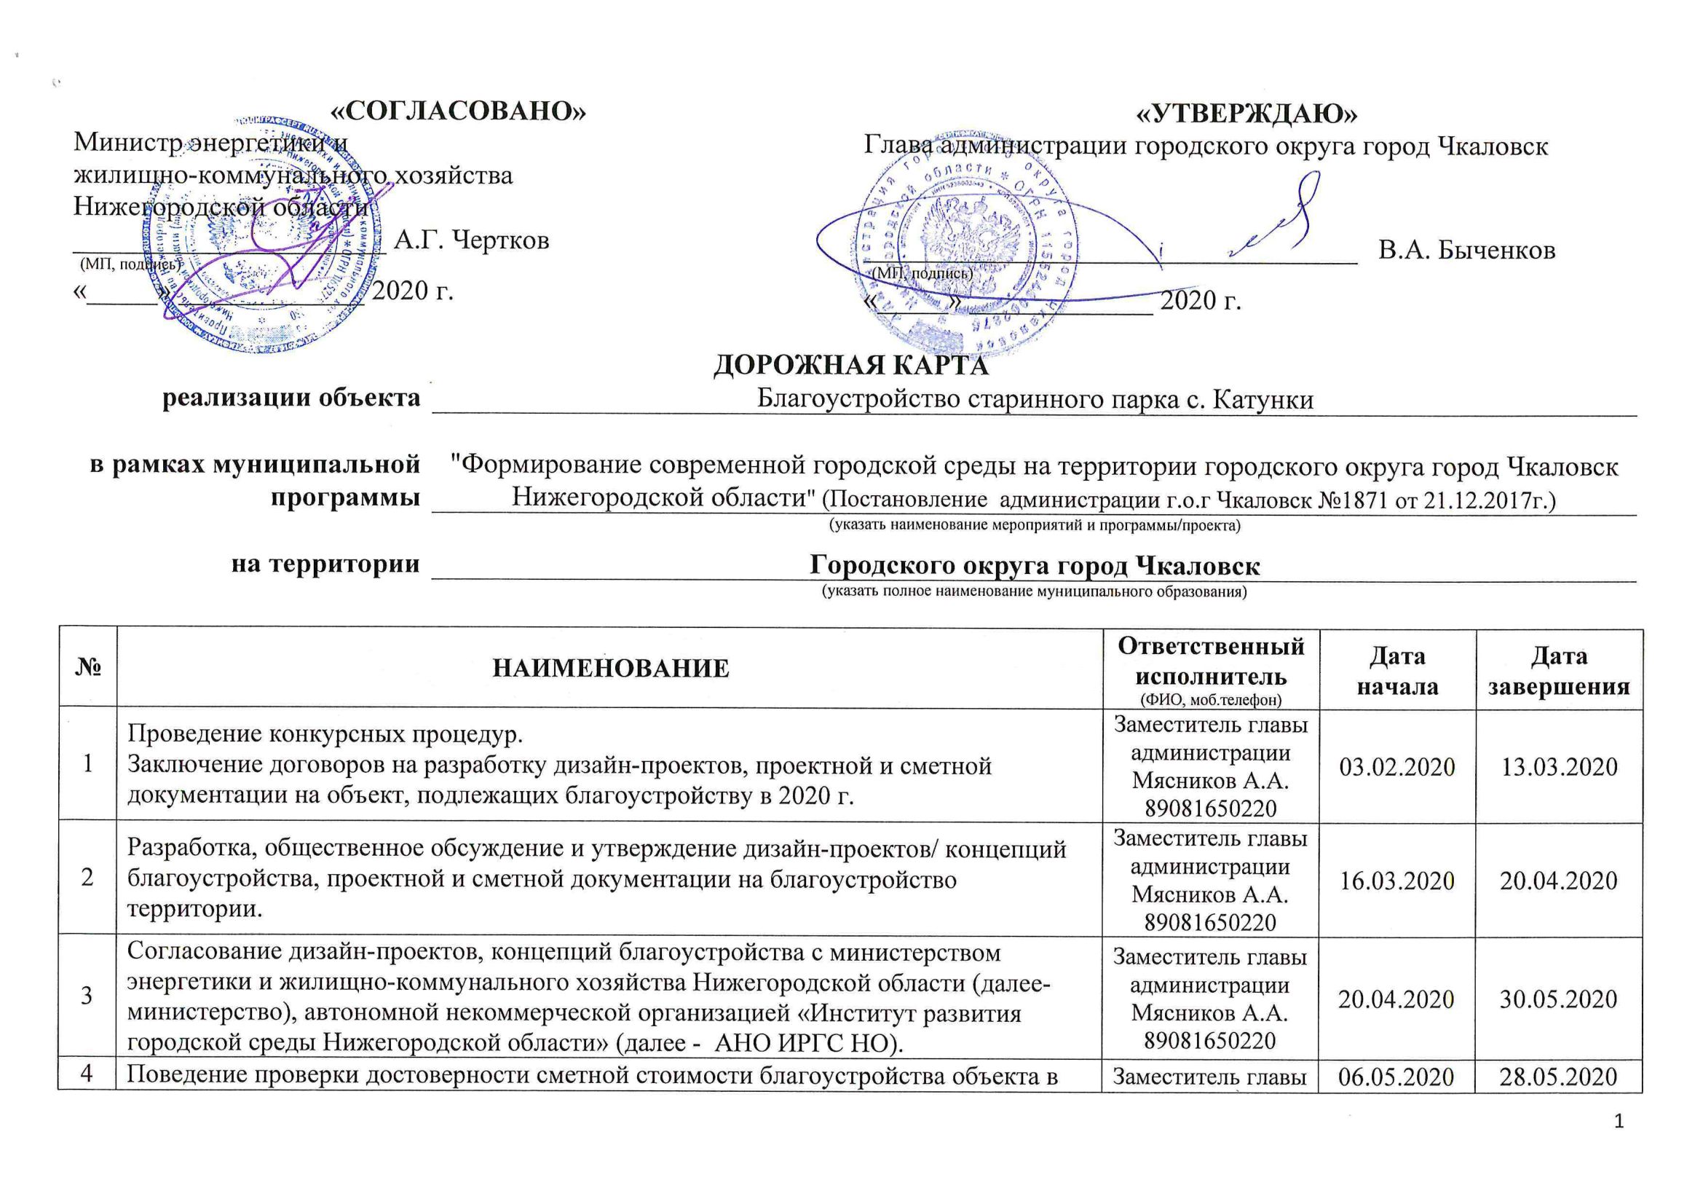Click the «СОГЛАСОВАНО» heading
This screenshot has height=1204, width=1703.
point(457,111)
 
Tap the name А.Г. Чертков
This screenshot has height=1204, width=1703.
point(472,240)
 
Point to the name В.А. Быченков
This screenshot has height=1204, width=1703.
point(1466,250)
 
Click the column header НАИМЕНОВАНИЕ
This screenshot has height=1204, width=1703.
point(610,669)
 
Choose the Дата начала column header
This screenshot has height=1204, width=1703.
point(1396,671)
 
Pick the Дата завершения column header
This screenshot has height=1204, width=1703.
point(1558,671)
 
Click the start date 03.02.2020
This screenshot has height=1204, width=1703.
point(1396,766)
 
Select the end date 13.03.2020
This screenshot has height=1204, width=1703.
point(1558,766)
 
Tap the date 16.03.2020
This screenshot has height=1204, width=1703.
point(1396,881)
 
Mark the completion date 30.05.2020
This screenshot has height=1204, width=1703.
point(1558,999)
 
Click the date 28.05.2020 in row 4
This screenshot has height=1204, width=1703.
point(1558,1077)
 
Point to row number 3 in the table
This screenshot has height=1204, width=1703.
point(87,996)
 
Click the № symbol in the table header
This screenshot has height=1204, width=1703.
point(87,669)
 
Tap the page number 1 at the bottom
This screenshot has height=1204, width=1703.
point(1619,1121)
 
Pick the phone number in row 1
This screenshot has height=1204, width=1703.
point(1211,808)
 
